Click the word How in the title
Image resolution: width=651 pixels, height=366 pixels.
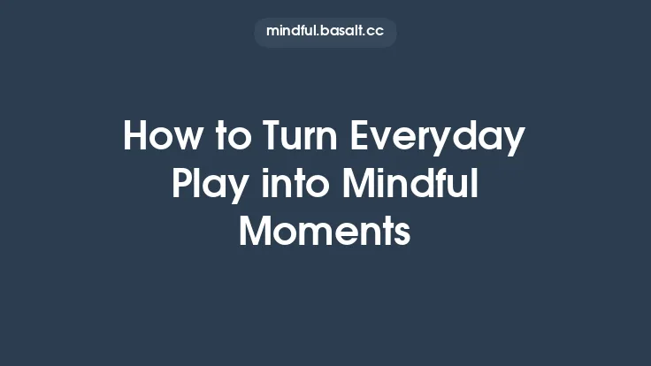pos(159,138)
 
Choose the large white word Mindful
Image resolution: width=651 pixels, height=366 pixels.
pos(410,186)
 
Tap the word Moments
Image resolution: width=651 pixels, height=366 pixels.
pos(325,233)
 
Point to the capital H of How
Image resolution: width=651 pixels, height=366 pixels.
pos(135,138)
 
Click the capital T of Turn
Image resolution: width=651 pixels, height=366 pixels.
pos(273,138)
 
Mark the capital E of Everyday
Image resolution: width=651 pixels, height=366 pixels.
pos(361,138)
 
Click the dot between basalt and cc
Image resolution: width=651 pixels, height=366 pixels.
pos(365,34)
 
